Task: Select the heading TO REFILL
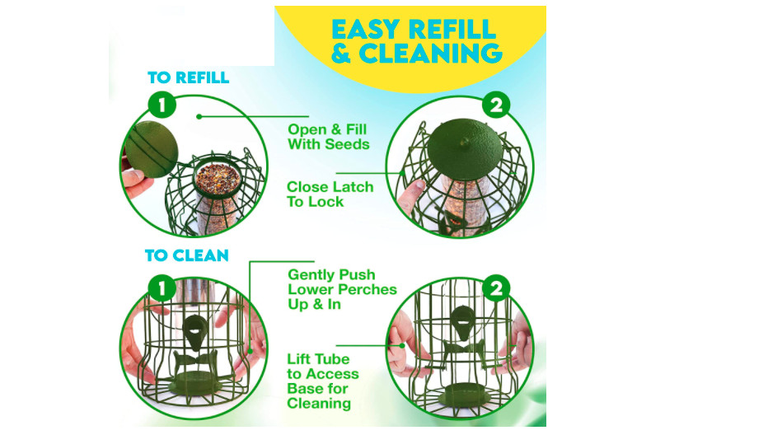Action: click(188, 78)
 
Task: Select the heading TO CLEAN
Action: click(187, 255)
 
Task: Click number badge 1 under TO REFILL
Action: click(162, 105)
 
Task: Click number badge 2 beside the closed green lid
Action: click(495, 105)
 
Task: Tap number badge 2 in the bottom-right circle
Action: click(496, 288)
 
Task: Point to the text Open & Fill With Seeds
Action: click(327, 137)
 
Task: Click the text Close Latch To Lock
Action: click(330, 194)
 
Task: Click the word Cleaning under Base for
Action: click(319, 404)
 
